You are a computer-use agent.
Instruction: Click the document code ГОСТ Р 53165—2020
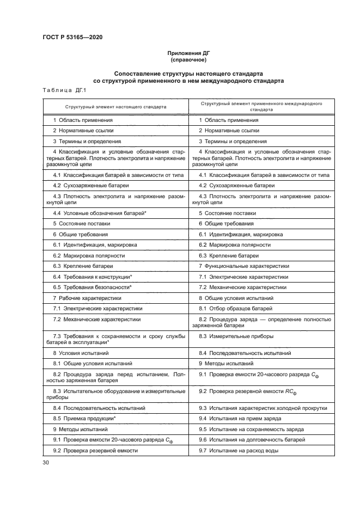pyautogui.click(x=72, y=38)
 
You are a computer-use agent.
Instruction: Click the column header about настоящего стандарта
pyautogui.click(x=115, y=107)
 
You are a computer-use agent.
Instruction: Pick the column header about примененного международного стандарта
pyautogui.click(x=260, y=106)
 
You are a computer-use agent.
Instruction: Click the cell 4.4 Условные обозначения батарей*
pyautogui.click(x=100, y=213)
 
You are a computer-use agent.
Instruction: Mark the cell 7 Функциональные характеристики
pyautogui.click(x=243, y=266)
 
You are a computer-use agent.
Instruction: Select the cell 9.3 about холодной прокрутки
pyautogui.click(x=263, y=408)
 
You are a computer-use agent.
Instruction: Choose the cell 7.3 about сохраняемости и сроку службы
pyautogui.click(x=115, y=340)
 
